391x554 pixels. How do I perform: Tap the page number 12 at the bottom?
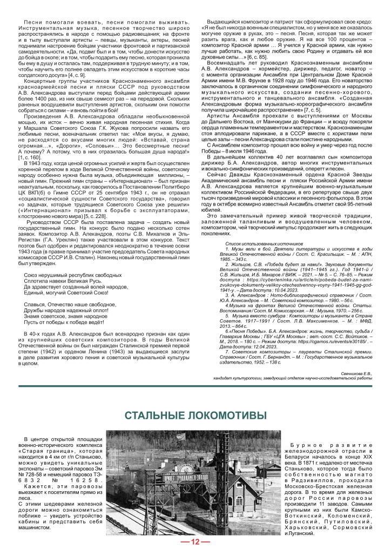point(195,543)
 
